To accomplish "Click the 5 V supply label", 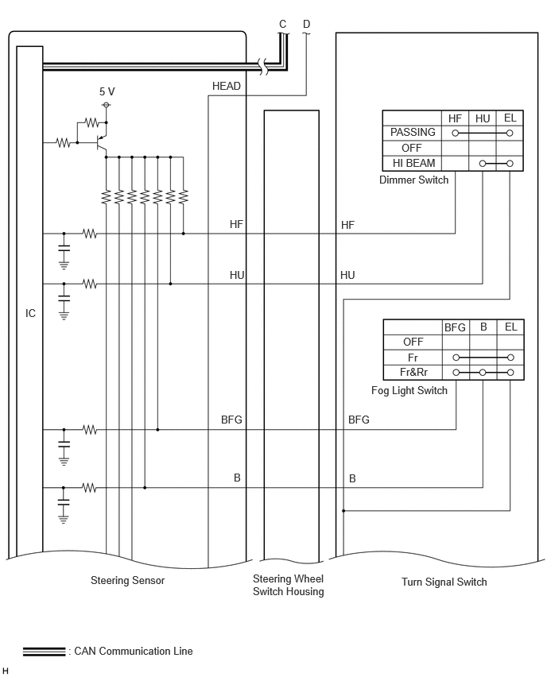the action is [x=107, y=91].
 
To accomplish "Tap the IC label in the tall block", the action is [x=30, y=313].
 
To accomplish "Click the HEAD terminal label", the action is [x=226, y=87].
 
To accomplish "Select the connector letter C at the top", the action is [x=282, y=24].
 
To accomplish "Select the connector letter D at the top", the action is [x=306, y=24].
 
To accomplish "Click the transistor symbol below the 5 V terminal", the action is [x=102, y=141].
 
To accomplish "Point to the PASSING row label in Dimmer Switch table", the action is [x=413, y=132].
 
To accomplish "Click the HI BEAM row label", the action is [x=413, y=163].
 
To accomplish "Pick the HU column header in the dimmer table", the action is [x=482, y=118].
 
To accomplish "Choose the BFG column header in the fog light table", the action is [x=455, y=327].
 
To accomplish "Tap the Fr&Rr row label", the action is [x=413, y=372].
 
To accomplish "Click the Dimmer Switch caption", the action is [x=413, y=180].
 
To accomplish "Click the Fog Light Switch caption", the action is [x=409, y=391].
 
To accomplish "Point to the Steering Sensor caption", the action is [x=127, y=580].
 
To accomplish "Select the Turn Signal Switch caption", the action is [x=444, y=582].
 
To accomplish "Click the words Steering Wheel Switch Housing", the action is [x=288, y=585].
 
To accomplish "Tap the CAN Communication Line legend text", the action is [x=134, y=651].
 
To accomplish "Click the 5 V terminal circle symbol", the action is [x=107, y=105].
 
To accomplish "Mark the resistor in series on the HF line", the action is [x=89, y=234].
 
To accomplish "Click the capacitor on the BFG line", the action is [x=64, y=444].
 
